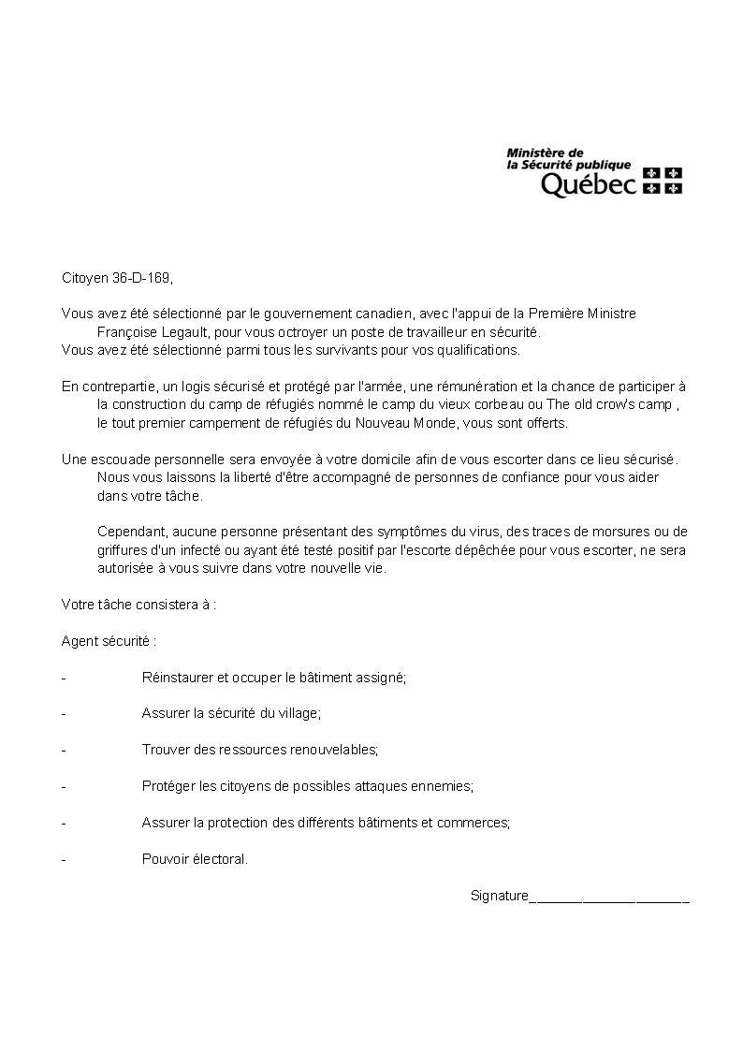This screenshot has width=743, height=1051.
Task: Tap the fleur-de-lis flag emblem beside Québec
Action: click(x=663, y=181)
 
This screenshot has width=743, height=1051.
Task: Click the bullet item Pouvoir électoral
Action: click(x=195, y=859)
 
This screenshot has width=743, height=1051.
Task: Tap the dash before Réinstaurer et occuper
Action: click(x=64, y=677)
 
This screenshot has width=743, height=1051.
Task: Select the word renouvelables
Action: click(x=333, y=750)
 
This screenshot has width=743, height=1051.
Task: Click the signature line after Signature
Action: click(x=609, y=898)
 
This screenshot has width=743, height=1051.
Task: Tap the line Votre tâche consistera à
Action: click(x=138, y=605)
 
